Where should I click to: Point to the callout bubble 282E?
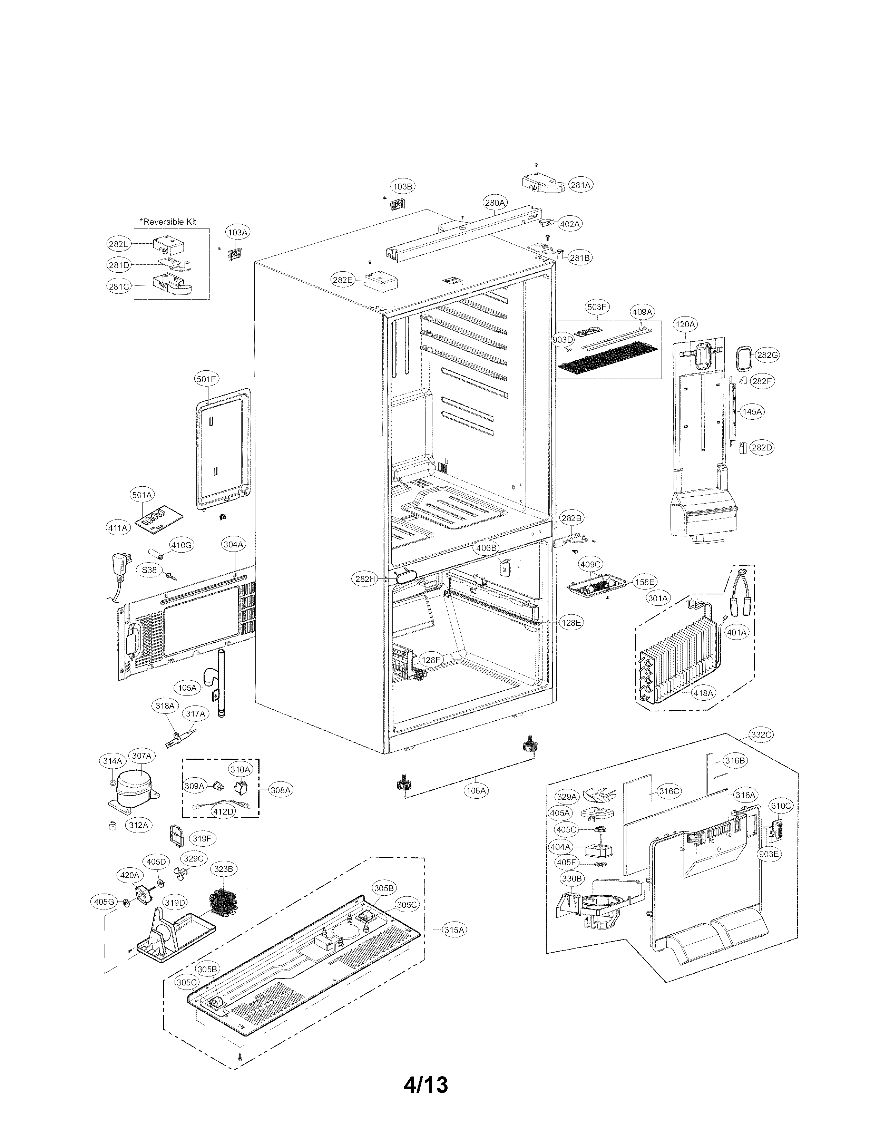[343, 280]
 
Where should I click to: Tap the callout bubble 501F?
[206, 379]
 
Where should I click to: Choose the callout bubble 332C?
[761, 734]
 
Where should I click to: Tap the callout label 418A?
[703, 693]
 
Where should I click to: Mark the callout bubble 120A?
[685, 324]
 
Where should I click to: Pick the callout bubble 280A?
[495, 202]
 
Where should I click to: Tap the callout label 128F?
[431, 660]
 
